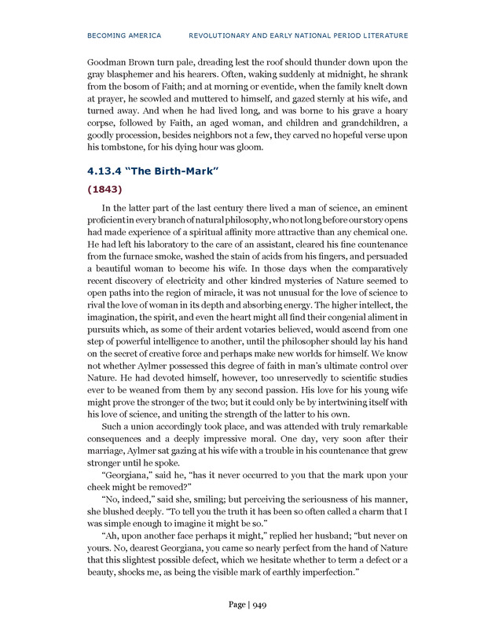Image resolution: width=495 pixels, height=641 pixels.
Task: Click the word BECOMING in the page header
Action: (x=105, y=35)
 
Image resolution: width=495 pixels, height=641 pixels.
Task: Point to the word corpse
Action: (x=106, y=123)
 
